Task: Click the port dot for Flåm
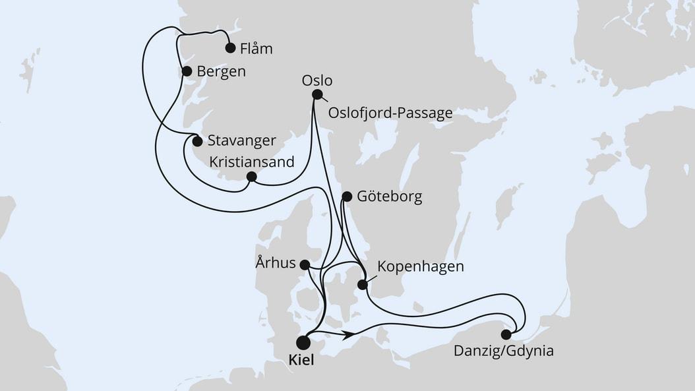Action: (x=230, y=47)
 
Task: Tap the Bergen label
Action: (x=221, y=72)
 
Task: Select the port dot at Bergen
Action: (x=187, y=71)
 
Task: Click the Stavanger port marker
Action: (x=196, y=140)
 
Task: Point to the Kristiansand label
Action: (x=251, y=161)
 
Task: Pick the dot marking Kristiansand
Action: (x=251, y=177)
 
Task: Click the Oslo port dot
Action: (x=317, y=94)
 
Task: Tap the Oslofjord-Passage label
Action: (x=390, y=113)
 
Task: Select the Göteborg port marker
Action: (x=347, y=196)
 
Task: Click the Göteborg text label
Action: (x=389, y=196)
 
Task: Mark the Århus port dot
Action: (x=305, y=264)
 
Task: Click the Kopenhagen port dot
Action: (x=362, y=285)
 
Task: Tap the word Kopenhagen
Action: (x=420, y=267)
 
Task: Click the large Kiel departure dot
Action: (x=303, y=342)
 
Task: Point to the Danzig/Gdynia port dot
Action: (x=506, y=334)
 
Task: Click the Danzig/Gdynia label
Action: (x=503, y=351)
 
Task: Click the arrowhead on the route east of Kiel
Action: (x=350, y=335)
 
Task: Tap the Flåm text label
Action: (x=256, y=49)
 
